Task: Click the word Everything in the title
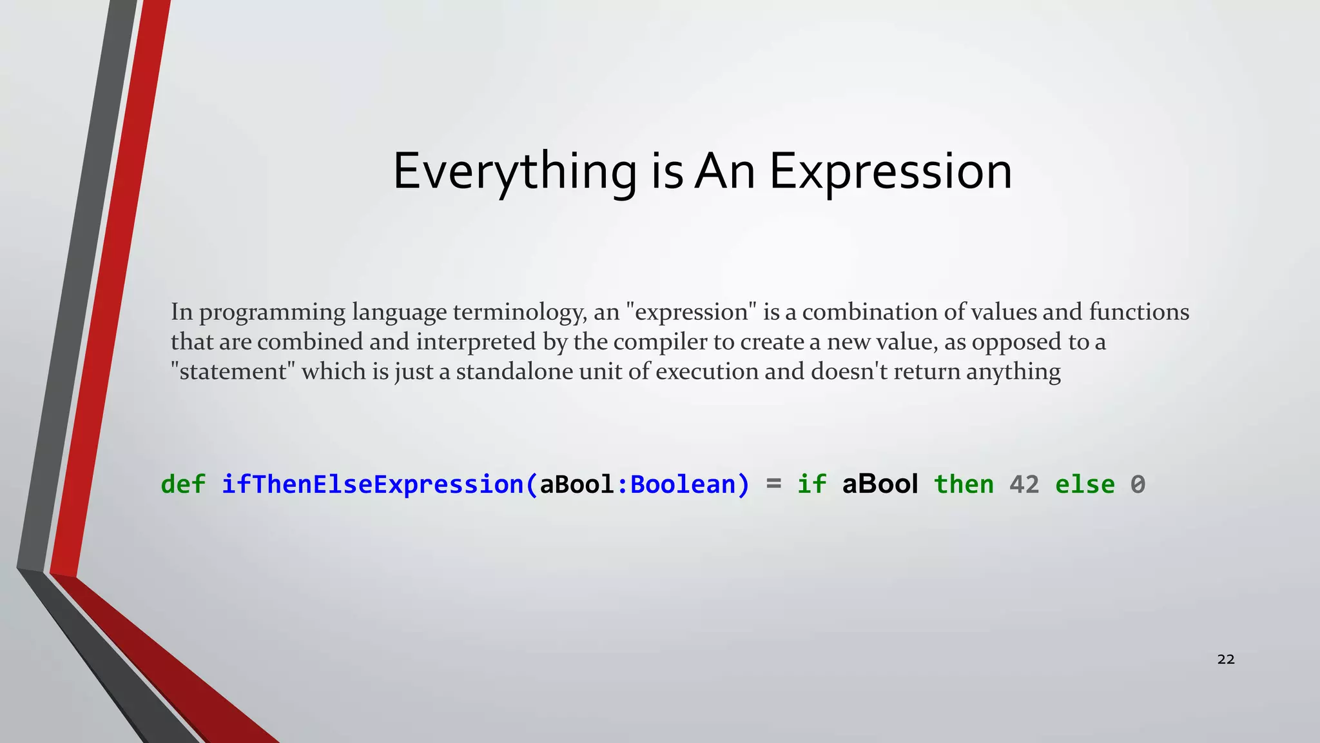514,172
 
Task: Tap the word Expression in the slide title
890,172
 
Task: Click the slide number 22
1225,659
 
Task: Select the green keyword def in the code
183,484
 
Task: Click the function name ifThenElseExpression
373,484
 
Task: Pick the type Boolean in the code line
683,484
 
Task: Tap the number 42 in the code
1024,484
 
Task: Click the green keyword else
1085,484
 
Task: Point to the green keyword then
964,484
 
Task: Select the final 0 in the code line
1138,484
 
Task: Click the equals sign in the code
773,484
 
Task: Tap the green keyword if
811,484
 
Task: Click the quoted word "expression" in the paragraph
691,312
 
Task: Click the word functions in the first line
1139,312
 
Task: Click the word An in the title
724,172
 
